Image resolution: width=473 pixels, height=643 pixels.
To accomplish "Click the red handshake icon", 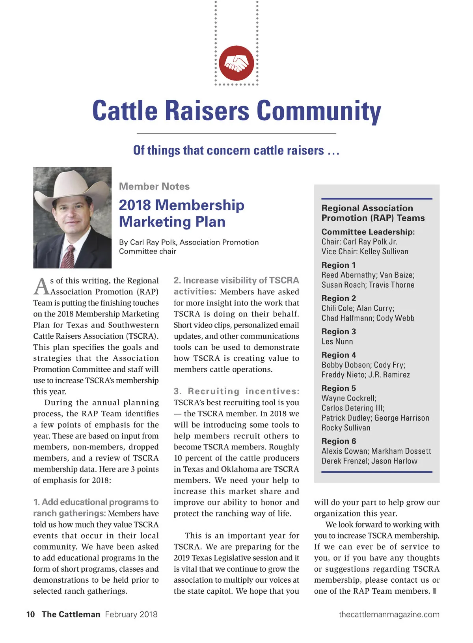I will [236, 63].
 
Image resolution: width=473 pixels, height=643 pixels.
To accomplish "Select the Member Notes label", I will [154, 186].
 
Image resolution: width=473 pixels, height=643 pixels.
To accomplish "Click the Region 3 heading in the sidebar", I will [339, 332].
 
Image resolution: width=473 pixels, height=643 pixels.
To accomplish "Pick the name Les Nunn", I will [337, 341].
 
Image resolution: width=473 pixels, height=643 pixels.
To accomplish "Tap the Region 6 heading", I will [339, 441].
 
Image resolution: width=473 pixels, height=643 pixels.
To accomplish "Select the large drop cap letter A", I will [41, 287].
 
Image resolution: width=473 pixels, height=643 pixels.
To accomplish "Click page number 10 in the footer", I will [30, 614].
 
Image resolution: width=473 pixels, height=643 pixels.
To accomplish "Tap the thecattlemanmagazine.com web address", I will [389, 614].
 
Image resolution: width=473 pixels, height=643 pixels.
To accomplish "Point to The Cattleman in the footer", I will [71, 614].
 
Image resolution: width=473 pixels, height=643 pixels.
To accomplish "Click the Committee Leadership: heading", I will [368, 232].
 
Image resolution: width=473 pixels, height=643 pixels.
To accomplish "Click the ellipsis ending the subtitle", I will [333, 151].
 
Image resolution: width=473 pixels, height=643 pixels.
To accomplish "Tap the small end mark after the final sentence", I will [434, 591].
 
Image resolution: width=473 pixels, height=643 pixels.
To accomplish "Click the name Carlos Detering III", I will [353, 408].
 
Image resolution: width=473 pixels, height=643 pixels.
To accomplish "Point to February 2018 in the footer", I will [131, 614].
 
